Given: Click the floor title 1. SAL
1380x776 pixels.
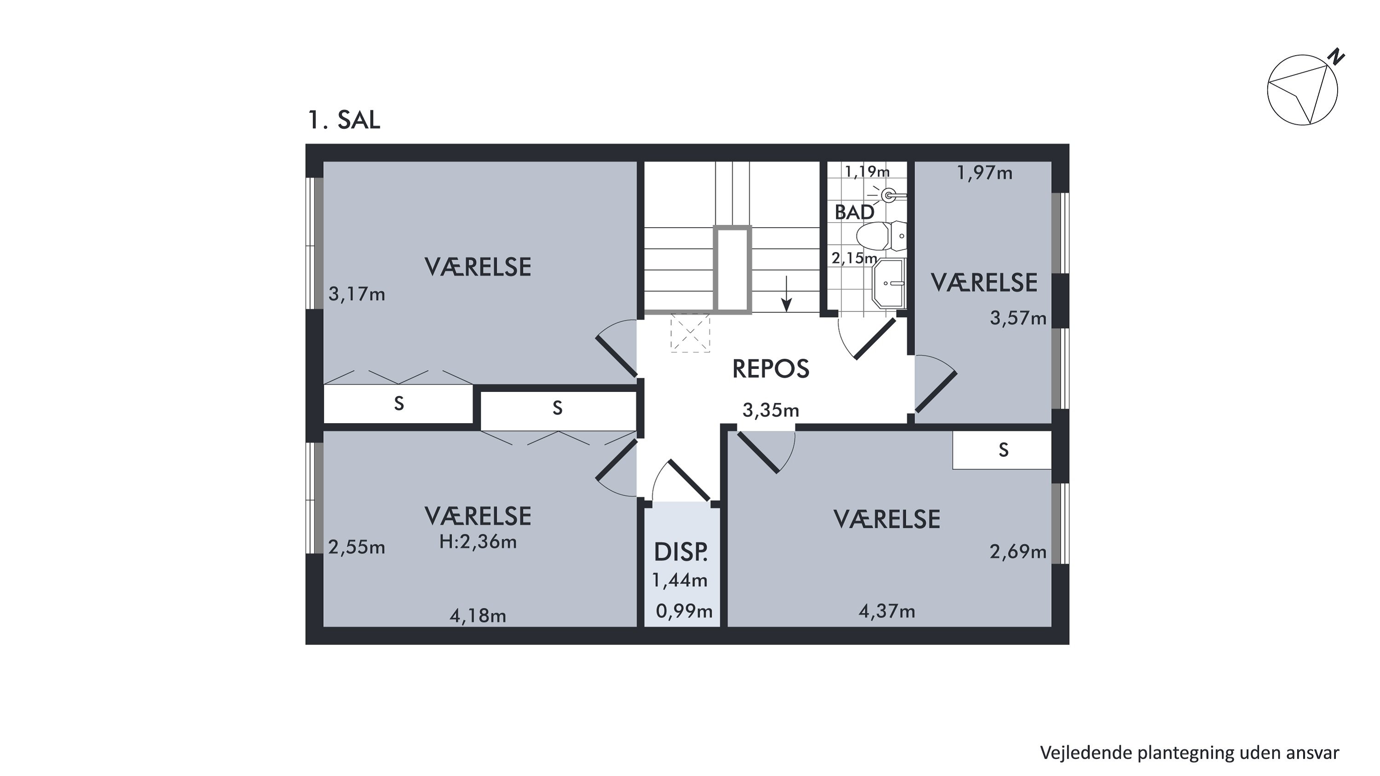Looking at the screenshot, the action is click(x=344, y=120).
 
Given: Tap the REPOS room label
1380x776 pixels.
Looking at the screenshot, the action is click(x=770, y=369).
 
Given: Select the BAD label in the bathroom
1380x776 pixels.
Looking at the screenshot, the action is click(x=855, y=213).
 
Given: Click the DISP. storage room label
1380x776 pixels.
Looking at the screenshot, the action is click(x=681, y=552).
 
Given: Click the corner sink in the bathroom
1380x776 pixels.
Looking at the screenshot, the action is click(x=889, y=283).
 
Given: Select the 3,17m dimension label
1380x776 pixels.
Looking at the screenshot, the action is click(x=357, y=294).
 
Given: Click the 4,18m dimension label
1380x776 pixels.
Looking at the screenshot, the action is click(x=478, y=616).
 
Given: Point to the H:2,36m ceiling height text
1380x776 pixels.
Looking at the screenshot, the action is click(x=478, y=542).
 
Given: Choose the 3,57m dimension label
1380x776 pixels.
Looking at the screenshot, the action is click(x=1018, y=318).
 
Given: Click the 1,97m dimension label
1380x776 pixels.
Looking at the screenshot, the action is click(x=985, y=173).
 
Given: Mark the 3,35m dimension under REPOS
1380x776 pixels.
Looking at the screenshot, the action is click(x=770, y=410).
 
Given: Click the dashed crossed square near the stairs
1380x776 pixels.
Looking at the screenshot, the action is click(x=690, y=333).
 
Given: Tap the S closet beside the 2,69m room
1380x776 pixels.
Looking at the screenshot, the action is click(x=1002, y=450).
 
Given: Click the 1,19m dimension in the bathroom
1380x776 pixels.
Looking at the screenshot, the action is click(x=867, y=172).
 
